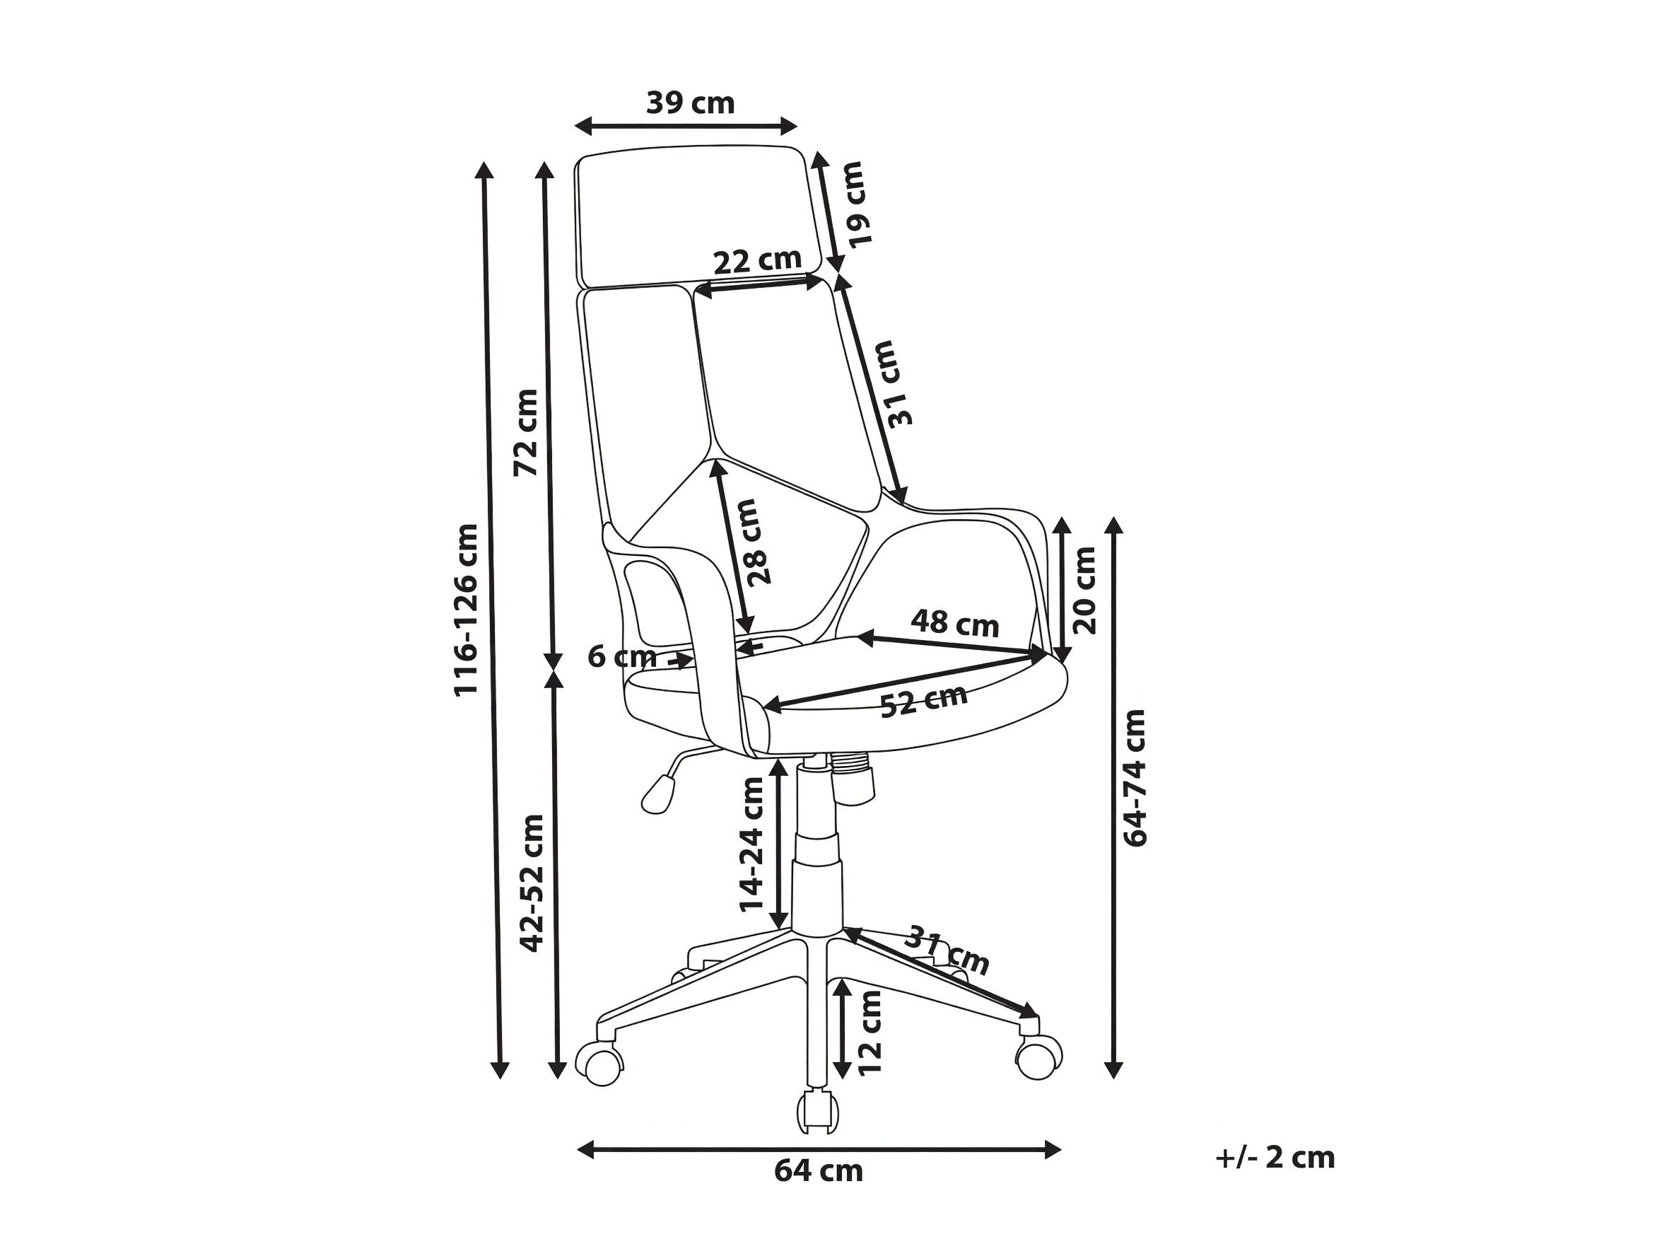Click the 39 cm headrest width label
pos(690,103)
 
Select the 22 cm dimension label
pos(758,260)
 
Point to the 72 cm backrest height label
pos(526,432)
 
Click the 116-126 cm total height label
pos(466,610)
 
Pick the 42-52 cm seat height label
pos(532,883)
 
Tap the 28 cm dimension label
pos(758,542)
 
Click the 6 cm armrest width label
pos(622,656)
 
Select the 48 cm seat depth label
pos(955,624)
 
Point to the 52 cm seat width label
pos(924,700)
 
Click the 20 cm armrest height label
pos(1084,590)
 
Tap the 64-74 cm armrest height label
pos(1135,777)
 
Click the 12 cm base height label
pos(870,1033)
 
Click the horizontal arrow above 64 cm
pos(819,1149)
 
